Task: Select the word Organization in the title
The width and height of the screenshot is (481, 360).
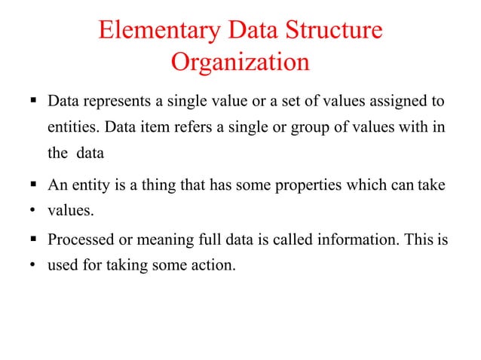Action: [240, 63]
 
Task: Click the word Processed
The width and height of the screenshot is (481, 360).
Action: [80, 241]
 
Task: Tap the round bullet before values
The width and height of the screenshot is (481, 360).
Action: [32, 211]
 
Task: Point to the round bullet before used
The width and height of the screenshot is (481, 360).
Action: [32, 266]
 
